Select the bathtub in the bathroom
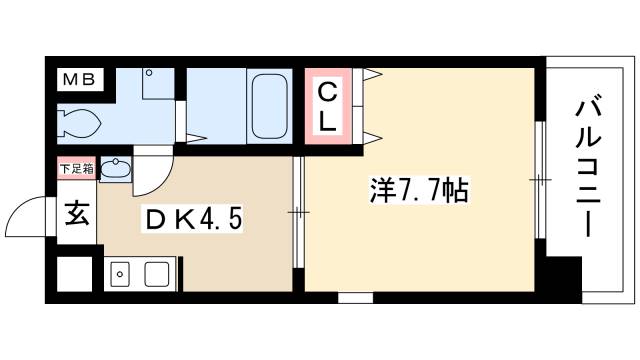[268, 106]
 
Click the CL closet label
[328, 105]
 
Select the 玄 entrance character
[75, 214]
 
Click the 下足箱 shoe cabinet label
[76, 168]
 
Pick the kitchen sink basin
[157, 271]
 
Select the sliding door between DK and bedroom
[298, 210]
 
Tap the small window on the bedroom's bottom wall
[354, 296]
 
